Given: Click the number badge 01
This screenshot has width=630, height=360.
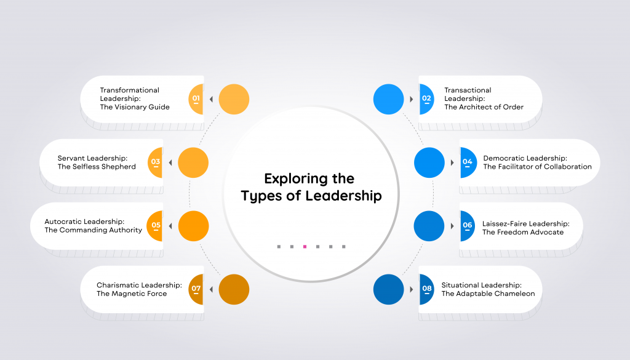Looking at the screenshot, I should click(x=196, y=98).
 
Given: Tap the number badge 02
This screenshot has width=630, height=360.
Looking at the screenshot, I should click(x=426, y=98).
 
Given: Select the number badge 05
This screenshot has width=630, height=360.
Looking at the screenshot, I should click(x=156, y=226).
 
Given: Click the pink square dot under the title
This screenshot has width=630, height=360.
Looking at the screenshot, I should click(x=305, y=247).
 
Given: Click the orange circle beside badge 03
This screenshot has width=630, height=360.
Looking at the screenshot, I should click(x=193, y=162).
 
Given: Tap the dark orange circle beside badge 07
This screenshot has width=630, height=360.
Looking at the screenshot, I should click(x=234, y=289).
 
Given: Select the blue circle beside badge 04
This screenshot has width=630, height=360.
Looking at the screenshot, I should click(x=429, y=162).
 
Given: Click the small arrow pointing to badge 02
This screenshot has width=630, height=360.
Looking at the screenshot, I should click(x=411, y=99).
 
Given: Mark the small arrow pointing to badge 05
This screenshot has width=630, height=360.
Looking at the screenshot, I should click(x=171, y=226).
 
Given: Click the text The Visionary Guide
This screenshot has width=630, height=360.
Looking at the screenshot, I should click(x=135, y=107).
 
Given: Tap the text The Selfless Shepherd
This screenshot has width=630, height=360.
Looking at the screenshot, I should click(x=97, y=167).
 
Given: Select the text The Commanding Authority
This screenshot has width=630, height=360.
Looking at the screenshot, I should click(x=93, y=230).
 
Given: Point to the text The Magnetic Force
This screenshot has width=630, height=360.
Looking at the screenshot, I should click(x=132, y=294).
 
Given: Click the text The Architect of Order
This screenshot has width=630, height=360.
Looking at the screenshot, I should click(x=484, y=107).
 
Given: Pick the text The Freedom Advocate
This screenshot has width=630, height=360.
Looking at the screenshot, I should click(x=514, y=233).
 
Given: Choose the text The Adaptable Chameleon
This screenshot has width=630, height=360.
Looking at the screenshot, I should click(x=488, y=294).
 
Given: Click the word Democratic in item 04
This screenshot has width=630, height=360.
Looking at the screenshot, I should click(x=503, y=158).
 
